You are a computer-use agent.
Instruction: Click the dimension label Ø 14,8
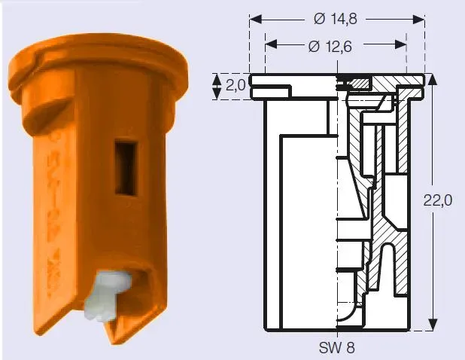point(335,20)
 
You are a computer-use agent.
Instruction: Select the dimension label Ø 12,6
point(330,47)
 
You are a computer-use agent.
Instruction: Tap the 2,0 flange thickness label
point(236,86)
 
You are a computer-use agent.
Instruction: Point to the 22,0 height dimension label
point(437,200)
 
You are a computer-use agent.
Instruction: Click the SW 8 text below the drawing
point(336,347)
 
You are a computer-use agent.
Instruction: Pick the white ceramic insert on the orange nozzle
point(107,297)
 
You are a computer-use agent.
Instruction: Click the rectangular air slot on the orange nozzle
point(126,168)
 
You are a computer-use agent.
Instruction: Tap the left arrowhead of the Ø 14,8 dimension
point(256,20)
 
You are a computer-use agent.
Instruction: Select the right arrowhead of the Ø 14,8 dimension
point(419,20)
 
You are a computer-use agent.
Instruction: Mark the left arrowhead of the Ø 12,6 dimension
point(271,44)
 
